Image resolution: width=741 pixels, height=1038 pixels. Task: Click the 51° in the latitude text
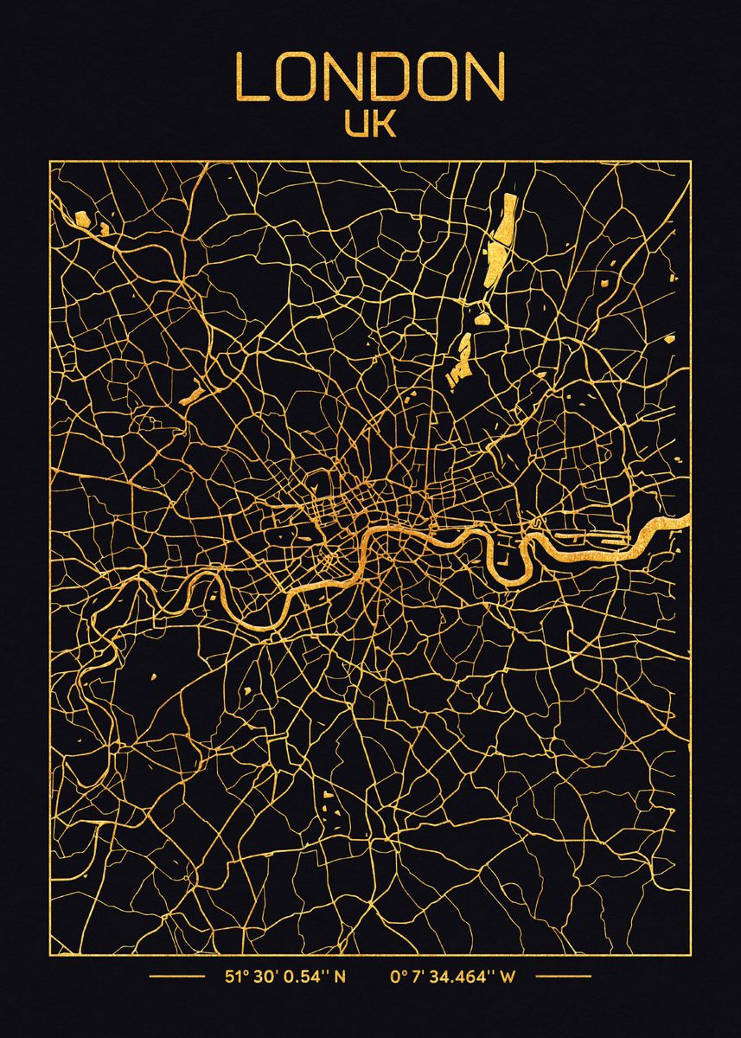(236, 978)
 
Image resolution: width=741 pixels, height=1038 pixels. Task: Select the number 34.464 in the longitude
(459, 978)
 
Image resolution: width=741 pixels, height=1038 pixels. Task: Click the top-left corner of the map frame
(50, 162)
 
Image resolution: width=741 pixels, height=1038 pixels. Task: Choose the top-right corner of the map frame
(689, 162)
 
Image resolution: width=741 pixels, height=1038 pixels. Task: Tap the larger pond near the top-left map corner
(81, 219)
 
